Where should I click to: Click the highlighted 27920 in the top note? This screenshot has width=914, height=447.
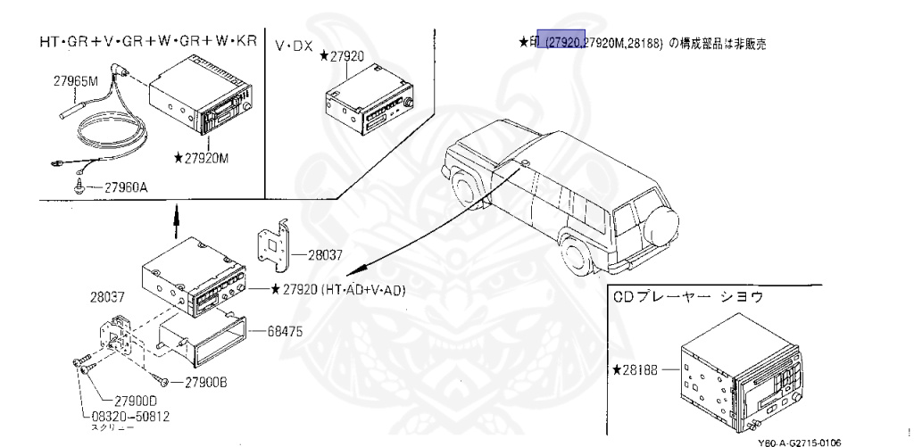click(565, 42)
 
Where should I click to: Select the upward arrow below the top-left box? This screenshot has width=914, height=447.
click(176, 215)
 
